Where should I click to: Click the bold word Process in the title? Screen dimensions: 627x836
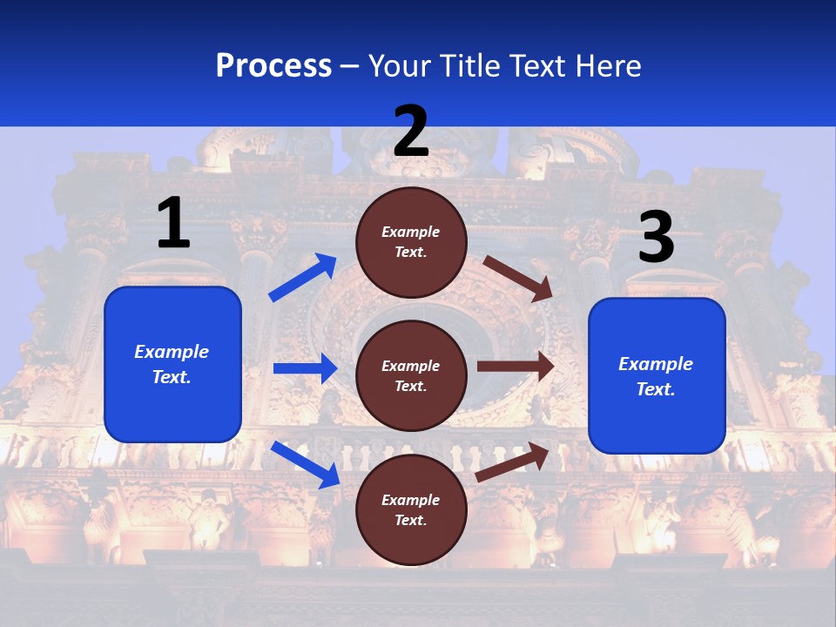[273, 66]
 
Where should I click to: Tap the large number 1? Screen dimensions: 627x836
[173, 224]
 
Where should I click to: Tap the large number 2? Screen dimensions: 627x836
[411, 132]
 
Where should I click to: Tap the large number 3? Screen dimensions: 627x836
[656, 239]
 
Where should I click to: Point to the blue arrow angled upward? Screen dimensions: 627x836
[303, 278]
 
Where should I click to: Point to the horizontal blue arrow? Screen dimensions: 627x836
[306, 368]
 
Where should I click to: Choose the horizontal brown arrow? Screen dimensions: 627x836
[516, 367]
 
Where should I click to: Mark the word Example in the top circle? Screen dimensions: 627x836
[411, 233]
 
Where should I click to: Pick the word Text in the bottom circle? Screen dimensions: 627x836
[408, 521]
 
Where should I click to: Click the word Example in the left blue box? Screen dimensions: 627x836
[172, 352]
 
